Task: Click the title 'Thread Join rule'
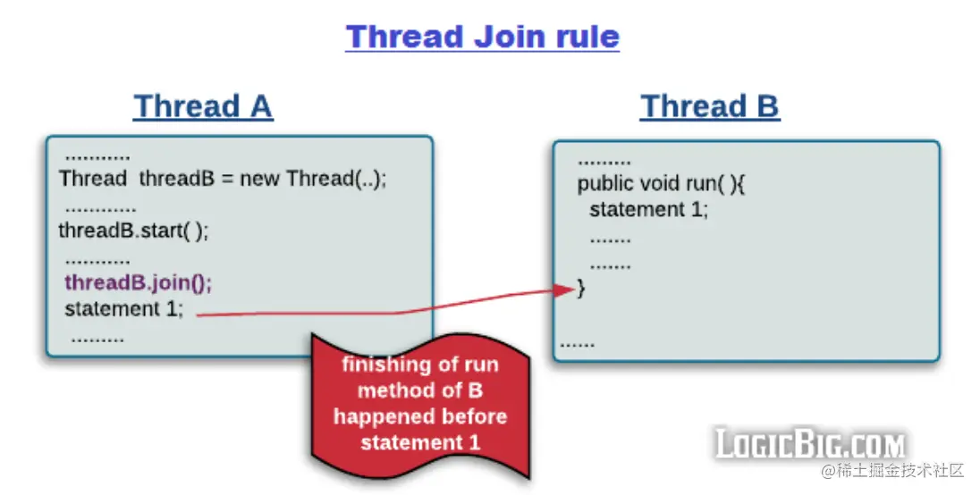(483, 37)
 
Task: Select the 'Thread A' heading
(203, 105)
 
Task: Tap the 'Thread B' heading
(710, 105)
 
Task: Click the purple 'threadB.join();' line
(138, 282)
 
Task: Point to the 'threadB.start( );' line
(134, 231)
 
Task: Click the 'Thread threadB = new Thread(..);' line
(224, 179)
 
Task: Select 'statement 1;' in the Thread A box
(124, 308)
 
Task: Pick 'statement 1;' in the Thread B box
(649, 209)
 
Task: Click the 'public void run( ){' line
(662, 183)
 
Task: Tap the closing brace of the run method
(581, 288)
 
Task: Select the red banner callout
(420, 406)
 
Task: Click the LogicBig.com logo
(810, 444)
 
